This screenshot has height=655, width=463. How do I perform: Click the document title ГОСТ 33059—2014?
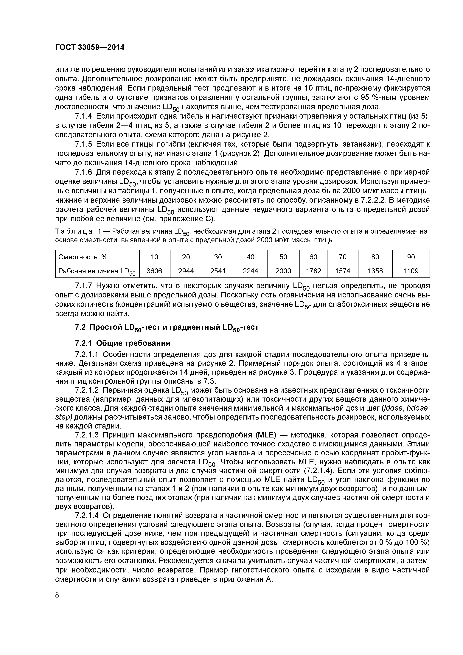click(x=90, y=47)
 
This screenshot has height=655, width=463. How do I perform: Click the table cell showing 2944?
click(x=186, y=271)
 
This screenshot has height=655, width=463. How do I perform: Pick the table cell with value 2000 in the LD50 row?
click(x=283, y=271)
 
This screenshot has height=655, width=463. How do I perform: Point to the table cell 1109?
click(x=411, y=271)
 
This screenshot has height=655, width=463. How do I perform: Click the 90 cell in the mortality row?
click(x=411, y=257)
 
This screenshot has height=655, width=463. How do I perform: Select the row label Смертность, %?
click(x=83, y=257)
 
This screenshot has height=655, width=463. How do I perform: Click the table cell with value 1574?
click(x=342, y=271)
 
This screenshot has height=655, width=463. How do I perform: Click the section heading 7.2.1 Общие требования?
click(x=122, y=343)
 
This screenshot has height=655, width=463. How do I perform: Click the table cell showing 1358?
click(x=375, y=271)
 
